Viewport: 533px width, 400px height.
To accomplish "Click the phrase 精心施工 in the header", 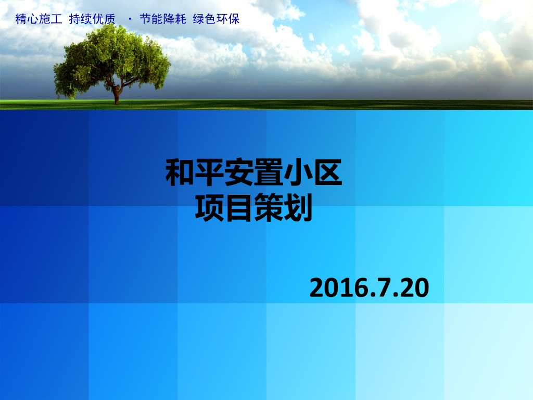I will coord(39,20).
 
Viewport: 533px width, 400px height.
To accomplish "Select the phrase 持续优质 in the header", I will coord(92,20).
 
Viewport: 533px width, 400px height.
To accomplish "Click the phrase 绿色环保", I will coord(216,20).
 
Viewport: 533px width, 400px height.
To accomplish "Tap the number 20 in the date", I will coord(414,288).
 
